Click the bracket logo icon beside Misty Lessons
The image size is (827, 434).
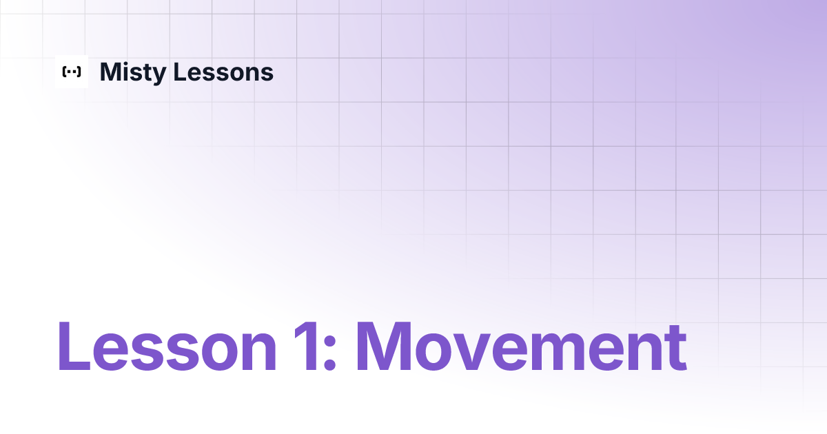pos(72,72)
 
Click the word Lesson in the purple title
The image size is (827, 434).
pos(166,347)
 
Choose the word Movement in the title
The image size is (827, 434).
pos(520,347)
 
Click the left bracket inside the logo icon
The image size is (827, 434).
pos(64,72)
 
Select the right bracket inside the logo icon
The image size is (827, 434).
pos(79,72)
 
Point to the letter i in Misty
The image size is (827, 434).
pos(123,72)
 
